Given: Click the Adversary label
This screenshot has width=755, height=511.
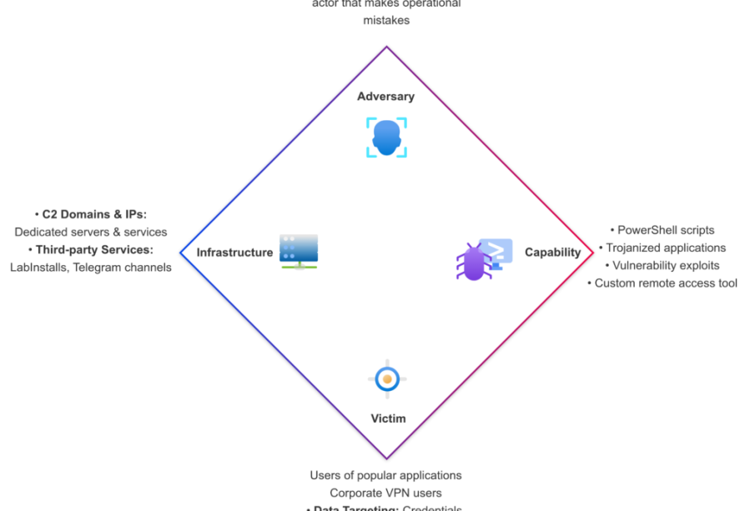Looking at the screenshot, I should [385, 97].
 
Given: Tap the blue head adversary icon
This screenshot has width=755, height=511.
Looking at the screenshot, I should [386, 138].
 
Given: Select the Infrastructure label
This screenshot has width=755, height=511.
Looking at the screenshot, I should [234, 253].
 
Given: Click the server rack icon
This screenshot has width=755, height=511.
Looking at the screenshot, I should [299, 251].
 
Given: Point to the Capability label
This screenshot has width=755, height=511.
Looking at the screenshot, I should [552, 253].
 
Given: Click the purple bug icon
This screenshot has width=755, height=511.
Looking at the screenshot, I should [474, 262].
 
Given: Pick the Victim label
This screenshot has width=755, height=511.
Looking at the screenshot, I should [388, 418].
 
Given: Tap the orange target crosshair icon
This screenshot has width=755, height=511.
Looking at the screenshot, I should [387, 379].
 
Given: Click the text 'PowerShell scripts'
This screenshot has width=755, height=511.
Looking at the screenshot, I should [666, 230].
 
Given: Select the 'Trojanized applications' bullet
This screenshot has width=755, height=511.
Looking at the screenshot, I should [665, 248].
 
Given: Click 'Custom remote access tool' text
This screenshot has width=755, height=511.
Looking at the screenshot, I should [666, 283].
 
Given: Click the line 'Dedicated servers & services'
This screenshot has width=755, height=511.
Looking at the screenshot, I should [91, 232].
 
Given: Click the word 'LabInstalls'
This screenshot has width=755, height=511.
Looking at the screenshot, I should [38, 268].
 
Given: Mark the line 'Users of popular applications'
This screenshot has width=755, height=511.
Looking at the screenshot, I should [385, 475].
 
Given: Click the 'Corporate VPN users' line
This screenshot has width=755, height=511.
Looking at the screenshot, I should [385, 493].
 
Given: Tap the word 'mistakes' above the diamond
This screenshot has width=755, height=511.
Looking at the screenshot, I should [386, 20].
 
